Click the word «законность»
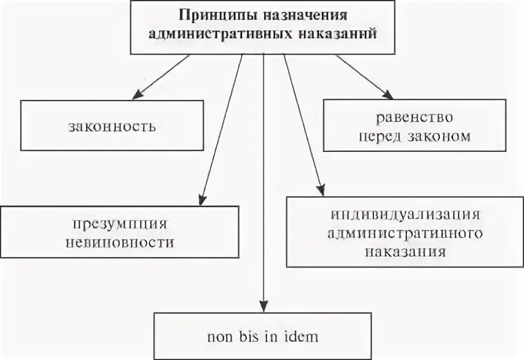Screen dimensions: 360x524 112,126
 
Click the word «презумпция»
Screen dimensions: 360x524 119,225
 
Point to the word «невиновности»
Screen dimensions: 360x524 120,243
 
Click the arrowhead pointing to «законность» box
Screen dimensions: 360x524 136,95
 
